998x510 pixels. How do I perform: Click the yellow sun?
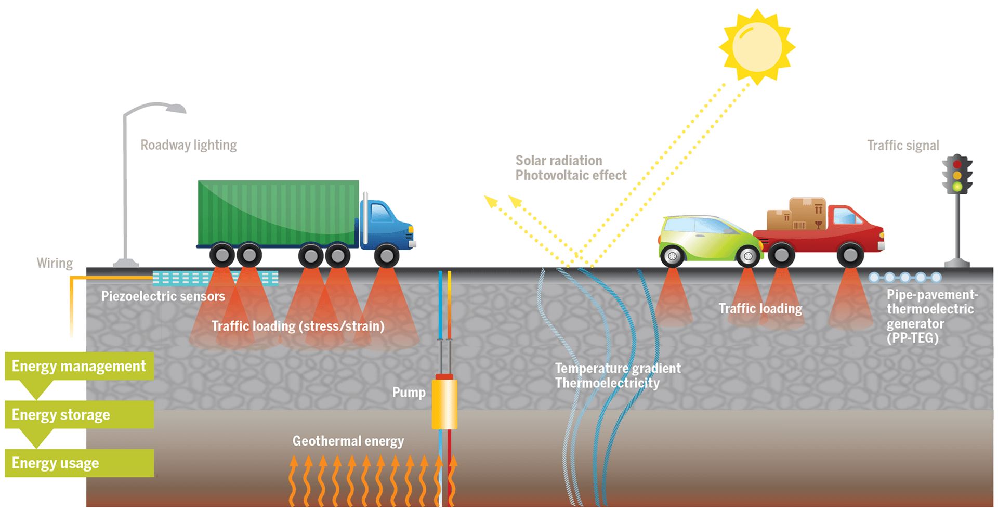757,47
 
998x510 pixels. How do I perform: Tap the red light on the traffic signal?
957,164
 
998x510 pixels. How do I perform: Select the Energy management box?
79,366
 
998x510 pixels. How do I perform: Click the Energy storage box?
79,414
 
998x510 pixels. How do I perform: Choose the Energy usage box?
79,463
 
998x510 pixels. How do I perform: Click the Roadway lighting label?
188,145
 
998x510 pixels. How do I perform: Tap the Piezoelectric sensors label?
163,296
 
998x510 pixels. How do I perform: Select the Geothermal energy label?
348,441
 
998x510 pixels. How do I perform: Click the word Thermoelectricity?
607,383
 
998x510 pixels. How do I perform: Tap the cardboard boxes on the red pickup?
796,214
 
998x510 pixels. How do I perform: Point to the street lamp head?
174,108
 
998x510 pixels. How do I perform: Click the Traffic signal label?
903,146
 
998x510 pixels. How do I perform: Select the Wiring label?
55,263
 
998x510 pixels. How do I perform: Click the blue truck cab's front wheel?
386,256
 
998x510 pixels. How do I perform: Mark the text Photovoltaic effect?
571,175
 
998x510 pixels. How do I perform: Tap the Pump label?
409,392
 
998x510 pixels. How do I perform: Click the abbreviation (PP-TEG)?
913,338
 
